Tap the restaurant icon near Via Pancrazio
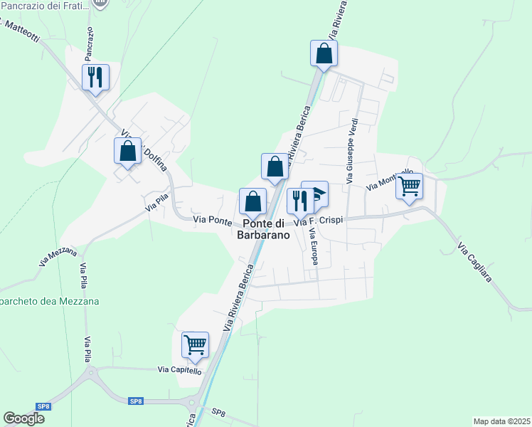pos(95,76)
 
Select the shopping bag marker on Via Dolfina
pos(127,151)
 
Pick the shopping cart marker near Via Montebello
pos(409,186)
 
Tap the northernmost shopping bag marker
pos(324,53)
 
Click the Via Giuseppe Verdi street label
pos(351,152)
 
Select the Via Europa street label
pos(313,246)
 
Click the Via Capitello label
pos(180,371)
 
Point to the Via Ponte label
pos(213,221)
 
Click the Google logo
pos(23,418)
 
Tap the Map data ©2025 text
pos(501,421)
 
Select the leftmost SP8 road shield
pos(43,406)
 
